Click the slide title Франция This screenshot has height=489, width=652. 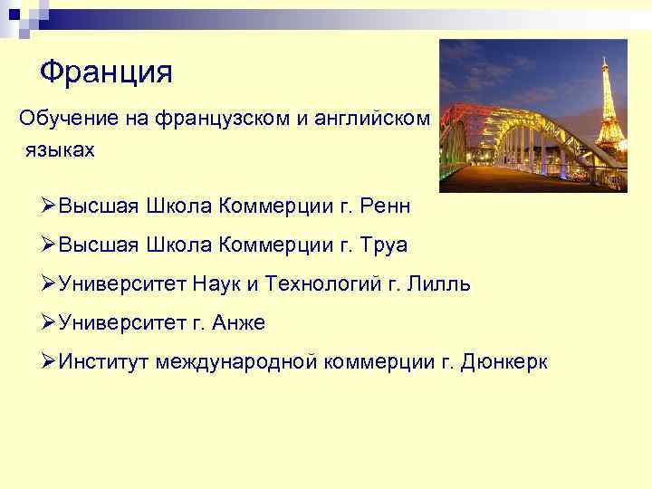(x=106, y=71)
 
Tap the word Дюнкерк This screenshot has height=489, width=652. (x=504, y=362)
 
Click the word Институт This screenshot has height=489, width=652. (x=103, y=362)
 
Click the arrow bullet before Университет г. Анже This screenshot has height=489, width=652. (x=49, y=323)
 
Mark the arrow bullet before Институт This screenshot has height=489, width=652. (x=49, y=362)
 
